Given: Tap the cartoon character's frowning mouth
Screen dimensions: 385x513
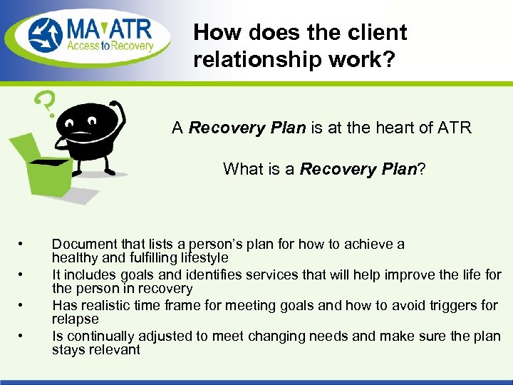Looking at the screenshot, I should pyautogui.click(x=83, y=135).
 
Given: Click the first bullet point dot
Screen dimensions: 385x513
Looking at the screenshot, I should pyautogui.click(x=23, y=245).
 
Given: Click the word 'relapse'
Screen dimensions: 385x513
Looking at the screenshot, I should pyautogui.click(x=75, y=319).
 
